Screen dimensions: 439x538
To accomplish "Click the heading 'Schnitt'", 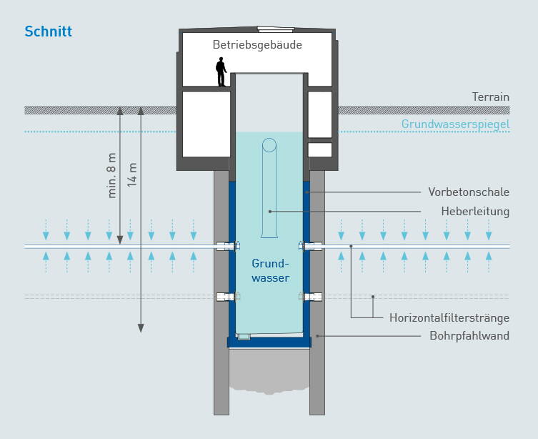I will (48, 31).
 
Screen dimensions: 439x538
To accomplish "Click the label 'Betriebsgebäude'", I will (257, 44).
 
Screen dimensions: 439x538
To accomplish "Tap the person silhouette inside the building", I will (221, 72).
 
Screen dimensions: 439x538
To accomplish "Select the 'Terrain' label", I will (490, 97).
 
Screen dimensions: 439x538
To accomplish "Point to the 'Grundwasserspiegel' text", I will (455, 124).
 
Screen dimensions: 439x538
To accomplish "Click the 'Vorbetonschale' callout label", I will (469, 192).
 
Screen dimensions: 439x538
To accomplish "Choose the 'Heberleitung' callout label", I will (475, 211).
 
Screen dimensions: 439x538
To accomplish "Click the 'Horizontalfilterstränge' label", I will (449, 317).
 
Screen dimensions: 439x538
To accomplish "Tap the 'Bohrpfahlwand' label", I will (469, 335).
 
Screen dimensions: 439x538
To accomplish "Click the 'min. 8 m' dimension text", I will (111, 175).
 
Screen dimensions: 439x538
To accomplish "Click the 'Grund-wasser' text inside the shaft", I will (270, 270).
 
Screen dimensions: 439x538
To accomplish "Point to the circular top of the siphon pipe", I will (269, 145).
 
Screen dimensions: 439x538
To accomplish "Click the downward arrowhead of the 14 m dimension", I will (141, 327).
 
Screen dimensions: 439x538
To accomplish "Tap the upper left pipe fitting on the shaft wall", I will (225, 246).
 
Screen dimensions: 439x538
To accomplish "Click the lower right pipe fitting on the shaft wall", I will (313, 297).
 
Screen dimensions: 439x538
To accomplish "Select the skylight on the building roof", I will (275, 29).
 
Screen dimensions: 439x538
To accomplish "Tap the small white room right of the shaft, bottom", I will (320, 150).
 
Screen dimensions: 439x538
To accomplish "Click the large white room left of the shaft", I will (206, 124).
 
